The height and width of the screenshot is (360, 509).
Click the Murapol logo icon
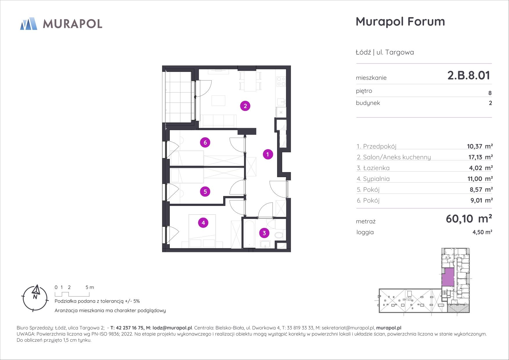(x=29, y=24)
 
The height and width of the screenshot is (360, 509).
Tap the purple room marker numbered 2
(x=245, y=106)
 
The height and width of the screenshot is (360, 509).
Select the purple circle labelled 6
(x=205, y=143)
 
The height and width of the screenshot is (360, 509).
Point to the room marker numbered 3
(x=264, y=233)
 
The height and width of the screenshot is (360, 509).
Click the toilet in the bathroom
(x=279, y=235)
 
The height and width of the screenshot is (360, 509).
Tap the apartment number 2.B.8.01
(x=469, y=75)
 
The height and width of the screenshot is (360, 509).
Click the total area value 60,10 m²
(x=469, y=219)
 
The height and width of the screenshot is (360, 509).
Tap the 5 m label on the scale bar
(x=90, y=287)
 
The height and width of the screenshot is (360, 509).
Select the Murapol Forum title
(x=400, y=21)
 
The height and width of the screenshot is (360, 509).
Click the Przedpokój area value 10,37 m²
(x=479, y=146)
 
